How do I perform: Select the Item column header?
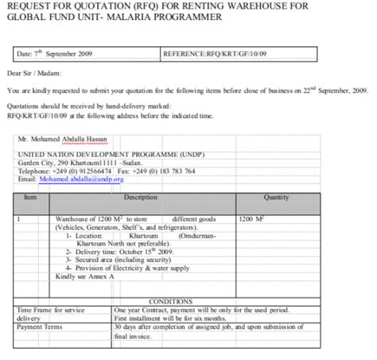coord(30,195)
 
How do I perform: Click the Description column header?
coord(141,195)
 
